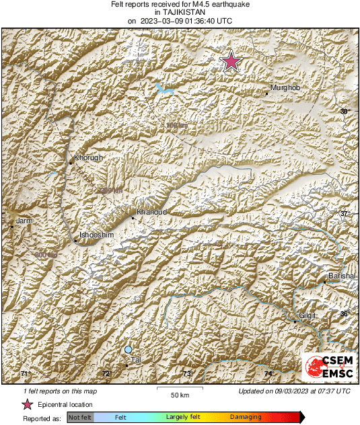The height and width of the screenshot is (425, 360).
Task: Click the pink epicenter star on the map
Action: point(231,61)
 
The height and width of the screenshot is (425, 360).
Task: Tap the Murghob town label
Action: point(284,88)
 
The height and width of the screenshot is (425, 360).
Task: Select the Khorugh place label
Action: point(88,158)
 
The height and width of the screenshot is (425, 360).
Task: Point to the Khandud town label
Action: point(151,212)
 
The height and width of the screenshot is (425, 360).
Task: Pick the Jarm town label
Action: point(24,221)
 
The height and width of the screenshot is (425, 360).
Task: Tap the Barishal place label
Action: point(340,277)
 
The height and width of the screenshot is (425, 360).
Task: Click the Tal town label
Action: point(135,360)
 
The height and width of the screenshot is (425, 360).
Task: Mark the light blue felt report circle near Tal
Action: point(128,350)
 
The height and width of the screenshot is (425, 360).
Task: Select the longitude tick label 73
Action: point(187,374)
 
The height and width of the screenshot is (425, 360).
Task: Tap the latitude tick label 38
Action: point(345,111)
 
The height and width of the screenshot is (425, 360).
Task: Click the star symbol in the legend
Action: point(28,404)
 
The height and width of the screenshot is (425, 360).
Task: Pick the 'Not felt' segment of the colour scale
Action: point(80,418)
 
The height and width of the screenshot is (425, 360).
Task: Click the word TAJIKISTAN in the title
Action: point(181,12)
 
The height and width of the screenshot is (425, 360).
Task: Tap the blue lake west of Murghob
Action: point(163,87)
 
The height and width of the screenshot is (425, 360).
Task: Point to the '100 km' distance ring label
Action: point(176,125)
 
